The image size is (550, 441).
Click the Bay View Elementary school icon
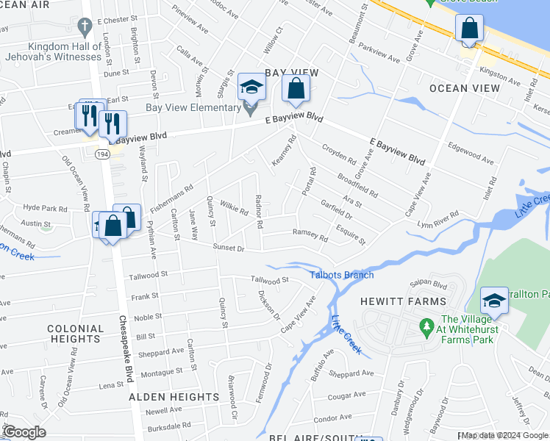click(x=251, y=88)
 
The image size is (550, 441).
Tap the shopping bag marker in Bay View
click(x=295, y=90)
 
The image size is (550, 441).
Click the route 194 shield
click(x=101, y=153)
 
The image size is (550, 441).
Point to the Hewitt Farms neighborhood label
click(x=402, y=301)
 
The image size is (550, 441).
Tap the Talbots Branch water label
click(x=341, y=275)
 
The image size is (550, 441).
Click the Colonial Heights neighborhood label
click(x=74, y=334)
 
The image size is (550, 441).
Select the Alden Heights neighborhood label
click(x=174, y=397)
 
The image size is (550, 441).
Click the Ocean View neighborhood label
click(x=464, y=88)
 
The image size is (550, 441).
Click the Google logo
click(x=24, y=432)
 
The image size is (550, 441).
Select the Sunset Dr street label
click(x=229, y=248)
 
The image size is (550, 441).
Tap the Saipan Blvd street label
click(x=429, y=284)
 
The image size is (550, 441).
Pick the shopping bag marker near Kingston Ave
click(x=468, y=30)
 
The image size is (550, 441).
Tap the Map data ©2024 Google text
click(x=503, y=435)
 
